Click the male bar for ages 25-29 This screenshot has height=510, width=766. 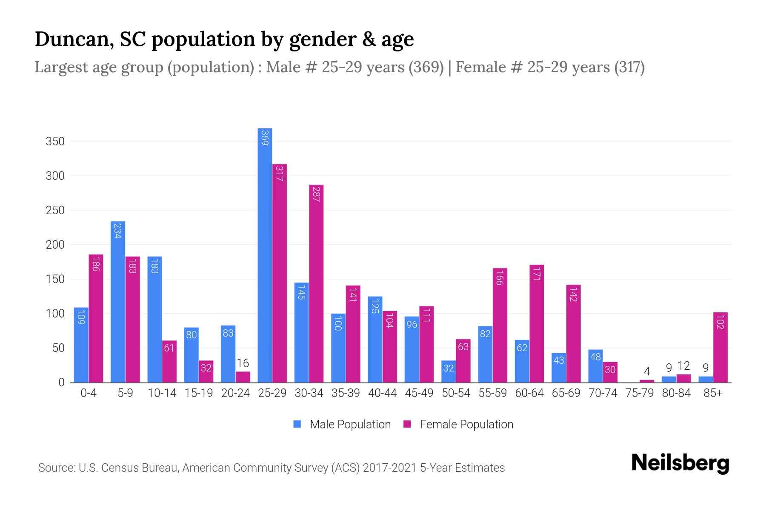pos(265,255)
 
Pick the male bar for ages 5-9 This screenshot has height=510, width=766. pos(118,302)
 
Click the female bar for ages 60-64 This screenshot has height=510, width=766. pos(537,323)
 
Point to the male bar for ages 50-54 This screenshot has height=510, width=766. pos(448,371)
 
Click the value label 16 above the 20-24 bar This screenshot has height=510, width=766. pos(243,363)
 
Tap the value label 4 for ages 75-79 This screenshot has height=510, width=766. pos(647,371)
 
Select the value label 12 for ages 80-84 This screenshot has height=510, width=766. pos(683,366)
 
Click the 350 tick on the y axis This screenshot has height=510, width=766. pos(55,142)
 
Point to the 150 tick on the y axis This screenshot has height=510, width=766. pos(55,279)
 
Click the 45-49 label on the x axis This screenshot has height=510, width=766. pos(419,393)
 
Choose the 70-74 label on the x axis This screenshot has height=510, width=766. pos(603,393)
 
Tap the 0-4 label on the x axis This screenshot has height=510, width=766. pos(89,393)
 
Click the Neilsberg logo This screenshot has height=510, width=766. pos(680,463)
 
